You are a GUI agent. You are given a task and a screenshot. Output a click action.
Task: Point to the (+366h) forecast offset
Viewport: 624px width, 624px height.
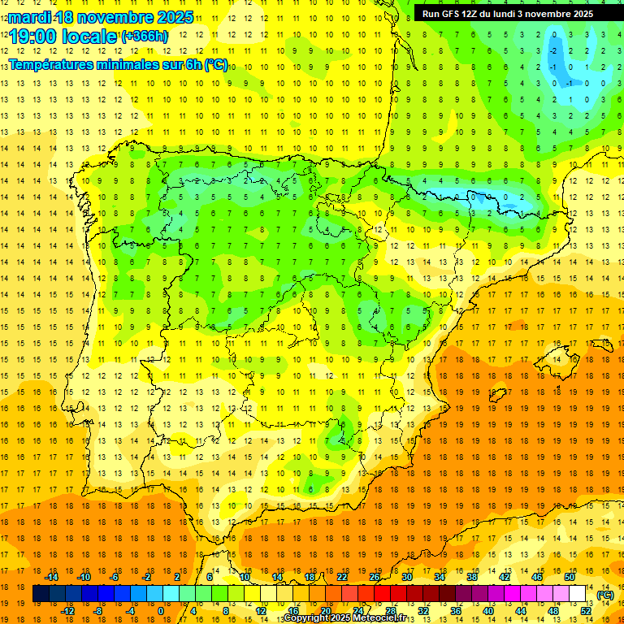pyautogui.click(x=145, y=36)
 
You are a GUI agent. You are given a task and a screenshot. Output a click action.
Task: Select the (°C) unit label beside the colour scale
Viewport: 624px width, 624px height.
pyautogui.click(x=605, y=595)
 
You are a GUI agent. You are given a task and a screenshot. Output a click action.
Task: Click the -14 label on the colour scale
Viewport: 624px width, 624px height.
pyautogui.click(x=51, y=577)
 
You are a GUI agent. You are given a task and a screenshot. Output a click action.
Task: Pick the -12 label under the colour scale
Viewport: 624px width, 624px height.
pyautogui.click(x=67, y=611)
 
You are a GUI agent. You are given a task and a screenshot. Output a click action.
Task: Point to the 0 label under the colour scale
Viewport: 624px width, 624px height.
pyautogui.click(x=161, y=611)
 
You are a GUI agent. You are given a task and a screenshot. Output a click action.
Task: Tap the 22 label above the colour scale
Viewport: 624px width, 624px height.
pyautogui.click(x=342, y=577)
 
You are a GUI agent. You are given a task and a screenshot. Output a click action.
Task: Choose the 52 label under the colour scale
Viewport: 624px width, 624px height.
pyautogui.click(x=586, y=611)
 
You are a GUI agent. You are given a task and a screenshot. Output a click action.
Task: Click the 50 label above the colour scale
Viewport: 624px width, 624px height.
pyautogui.click(x=570, y=577)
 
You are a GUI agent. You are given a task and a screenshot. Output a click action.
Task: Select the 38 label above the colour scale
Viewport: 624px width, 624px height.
pyautogui.click(x=472, y=577)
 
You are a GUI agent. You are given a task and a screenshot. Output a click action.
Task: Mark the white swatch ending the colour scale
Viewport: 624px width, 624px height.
pyautogui.click(x=578, y=594)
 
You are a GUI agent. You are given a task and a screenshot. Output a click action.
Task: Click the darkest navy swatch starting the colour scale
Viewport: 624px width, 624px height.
pyautogui.click(x=41, y=594)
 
